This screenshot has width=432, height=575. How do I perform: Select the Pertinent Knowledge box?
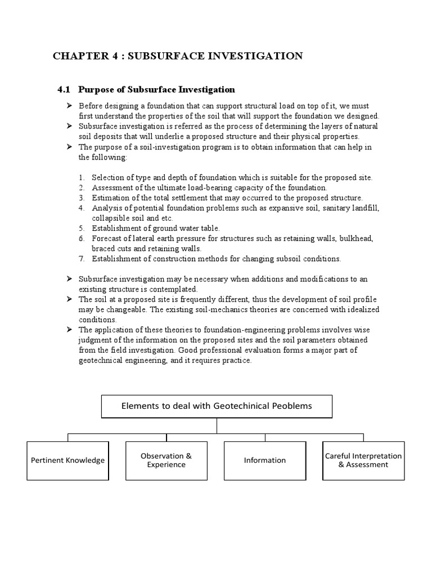coord(67,460)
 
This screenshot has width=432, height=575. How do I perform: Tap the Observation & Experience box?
coord(166,460)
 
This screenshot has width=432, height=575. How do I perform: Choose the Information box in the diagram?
coord(264,460)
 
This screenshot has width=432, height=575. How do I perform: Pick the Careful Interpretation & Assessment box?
coord(363,460)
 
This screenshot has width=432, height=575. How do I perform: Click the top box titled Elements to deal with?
coord(217,406)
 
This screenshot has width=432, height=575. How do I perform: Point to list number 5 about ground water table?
coord(82,228)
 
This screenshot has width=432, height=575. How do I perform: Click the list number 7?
coord(82,259)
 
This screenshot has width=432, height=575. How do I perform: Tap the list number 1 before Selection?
coord(82,177)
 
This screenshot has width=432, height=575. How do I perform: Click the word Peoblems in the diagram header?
coord(291,406)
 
